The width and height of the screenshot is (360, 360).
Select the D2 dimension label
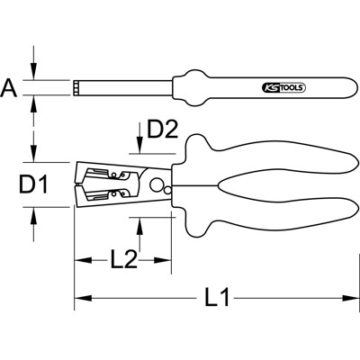[160, 130]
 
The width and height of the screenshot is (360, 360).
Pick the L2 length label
[124, 262]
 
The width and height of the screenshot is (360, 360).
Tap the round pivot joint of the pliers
[160, 187]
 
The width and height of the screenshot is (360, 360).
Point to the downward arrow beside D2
[136, 148]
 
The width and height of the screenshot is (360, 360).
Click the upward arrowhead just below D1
[33, 212]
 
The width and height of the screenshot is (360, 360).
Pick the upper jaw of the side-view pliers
[108, 171]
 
